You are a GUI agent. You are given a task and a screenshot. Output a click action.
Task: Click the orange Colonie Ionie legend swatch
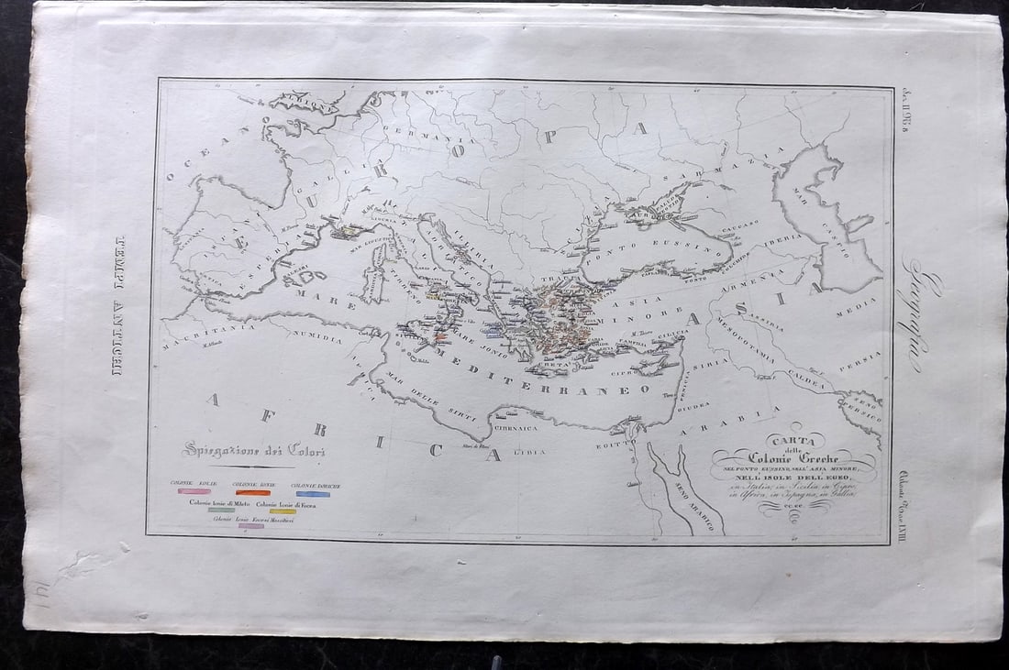(252, 493)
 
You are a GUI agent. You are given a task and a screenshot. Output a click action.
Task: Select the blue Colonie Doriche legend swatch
(312, 494)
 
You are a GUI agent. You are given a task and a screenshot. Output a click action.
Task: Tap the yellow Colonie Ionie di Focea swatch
(283, 511)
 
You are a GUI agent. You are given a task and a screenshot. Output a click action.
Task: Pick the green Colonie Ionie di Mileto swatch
(220, 511)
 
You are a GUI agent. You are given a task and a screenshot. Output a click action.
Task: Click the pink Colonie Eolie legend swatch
(194, 492)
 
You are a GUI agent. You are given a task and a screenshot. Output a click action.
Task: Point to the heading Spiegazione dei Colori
(252, 450)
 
